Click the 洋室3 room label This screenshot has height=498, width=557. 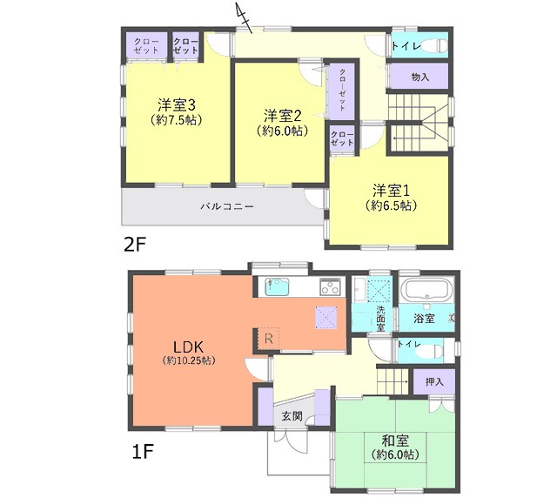[177, 105]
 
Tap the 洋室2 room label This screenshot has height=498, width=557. [282, 116]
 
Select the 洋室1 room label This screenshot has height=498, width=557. [391, 191]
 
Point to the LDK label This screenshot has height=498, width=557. [188, 347]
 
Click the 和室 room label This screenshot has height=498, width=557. [395, 441]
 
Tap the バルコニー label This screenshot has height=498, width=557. [227, 206]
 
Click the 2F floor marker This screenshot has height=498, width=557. [135, 245]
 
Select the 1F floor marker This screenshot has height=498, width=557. [143, 452]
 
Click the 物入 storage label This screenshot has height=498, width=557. [419, 77]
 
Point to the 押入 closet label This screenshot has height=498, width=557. [434, 381]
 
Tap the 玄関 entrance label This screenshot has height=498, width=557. [292, 416]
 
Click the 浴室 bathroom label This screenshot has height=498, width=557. [424, 318]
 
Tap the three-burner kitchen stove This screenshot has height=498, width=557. [331, 286]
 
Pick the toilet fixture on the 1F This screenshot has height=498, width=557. [429, 352]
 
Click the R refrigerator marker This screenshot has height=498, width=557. [269, 339]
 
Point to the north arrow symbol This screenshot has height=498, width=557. [244, 17]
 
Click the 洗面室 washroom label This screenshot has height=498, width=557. [380, 319]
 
